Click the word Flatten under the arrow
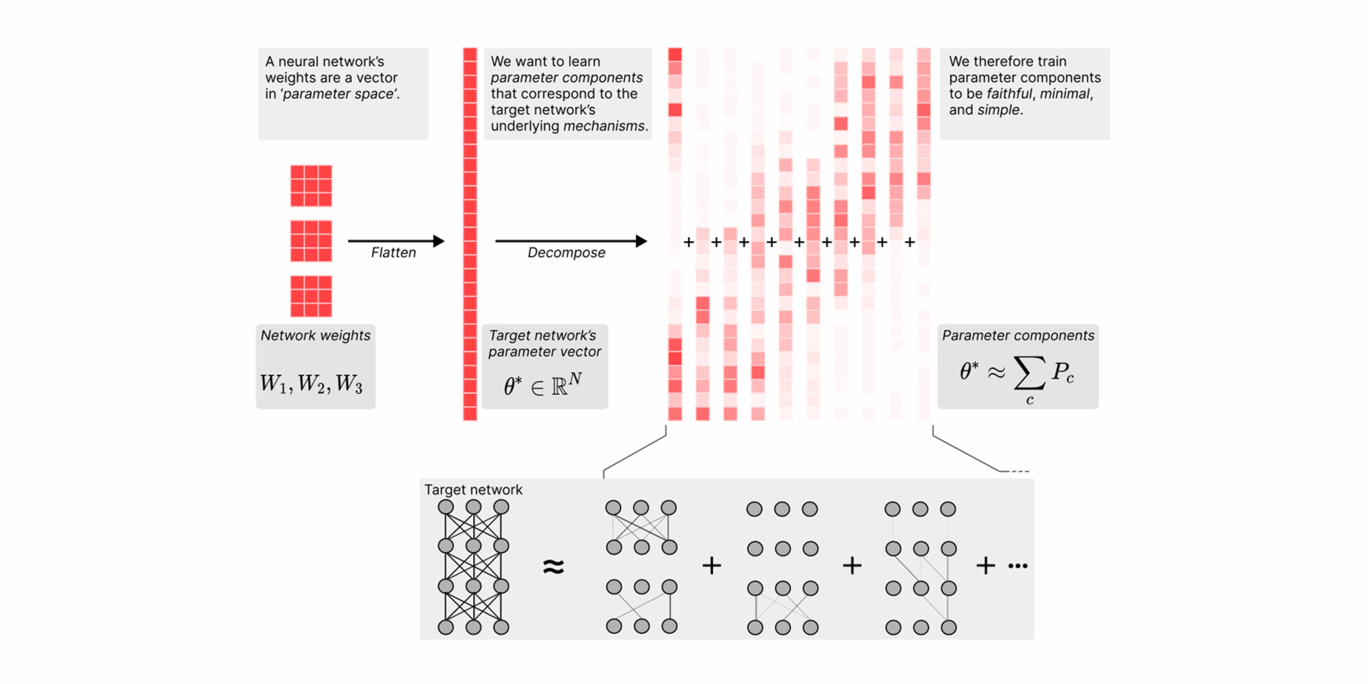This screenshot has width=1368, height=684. coord(393,252)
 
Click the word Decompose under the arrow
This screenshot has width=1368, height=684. coord(566,252)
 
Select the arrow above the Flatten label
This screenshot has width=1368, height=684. coord(395,240)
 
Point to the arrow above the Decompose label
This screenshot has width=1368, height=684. coord(570,240)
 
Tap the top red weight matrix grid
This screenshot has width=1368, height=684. coord(311,186)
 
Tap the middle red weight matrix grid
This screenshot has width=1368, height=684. coord(311,240)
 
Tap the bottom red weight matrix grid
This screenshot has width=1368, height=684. coord(311,296)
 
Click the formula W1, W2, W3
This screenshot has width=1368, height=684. coord(311,383)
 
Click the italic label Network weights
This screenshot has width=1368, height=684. coord(315,335)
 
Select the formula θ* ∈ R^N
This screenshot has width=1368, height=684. coord(542,385)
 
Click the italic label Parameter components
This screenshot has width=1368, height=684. coord(1018,335)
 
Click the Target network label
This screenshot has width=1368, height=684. coord(473,490)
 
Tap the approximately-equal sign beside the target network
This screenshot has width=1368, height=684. coord(553,566)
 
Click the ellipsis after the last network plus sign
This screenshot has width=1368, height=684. coord(1018,566)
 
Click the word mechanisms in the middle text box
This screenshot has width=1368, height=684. coord(605,126)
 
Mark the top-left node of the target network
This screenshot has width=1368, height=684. coord(446,508)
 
